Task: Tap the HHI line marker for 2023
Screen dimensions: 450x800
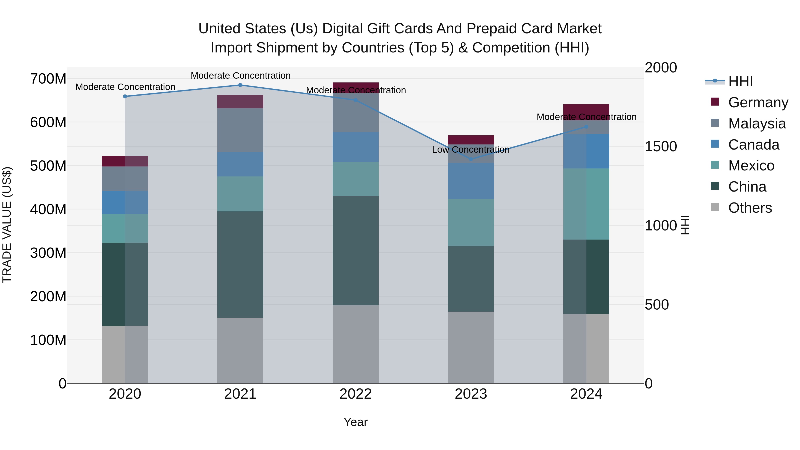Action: click(471, 159)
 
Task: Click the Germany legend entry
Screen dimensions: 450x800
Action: click(758, 102)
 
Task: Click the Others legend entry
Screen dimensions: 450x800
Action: click(750, 208)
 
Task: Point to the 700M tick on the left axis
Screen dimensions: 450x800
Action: click(48, 79)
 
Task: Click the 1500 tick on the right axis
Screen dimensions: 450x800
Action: click(661, 147)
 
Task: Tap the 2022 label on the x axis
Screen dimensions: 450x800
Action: click(355, 394)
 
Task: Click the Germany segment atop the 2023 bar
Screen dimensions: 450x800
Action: click(471, 140)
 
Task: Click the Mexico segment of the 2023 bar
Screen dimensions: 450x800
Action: click(471, 222)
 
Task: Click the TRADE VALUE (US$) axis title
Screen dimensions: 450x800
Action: click(7, 225)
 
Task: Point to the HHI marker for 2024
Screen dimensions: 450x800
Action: click(586, 127)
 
